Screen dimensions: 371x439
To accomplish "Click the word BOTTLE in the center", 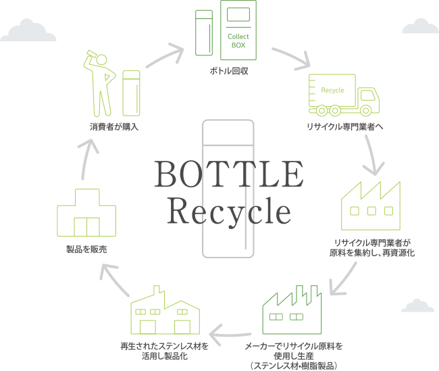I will tap(229, 174).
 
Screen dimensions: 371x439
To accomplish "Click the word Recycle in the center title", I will tap(229, 210).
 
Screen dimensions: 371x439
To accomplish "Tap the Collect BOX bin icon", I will tap(238, 30).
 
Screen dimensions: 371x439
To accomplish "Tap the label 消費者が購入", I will tap(114, 127).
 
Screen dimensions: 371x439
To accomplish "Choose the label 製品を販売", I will tap(86, 249).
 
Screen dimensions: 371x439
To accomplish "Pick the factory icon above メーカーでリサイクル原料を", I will tap(291, 312).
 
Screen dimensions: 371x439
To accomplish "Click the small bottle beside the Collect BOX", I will tap(203, 32).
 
